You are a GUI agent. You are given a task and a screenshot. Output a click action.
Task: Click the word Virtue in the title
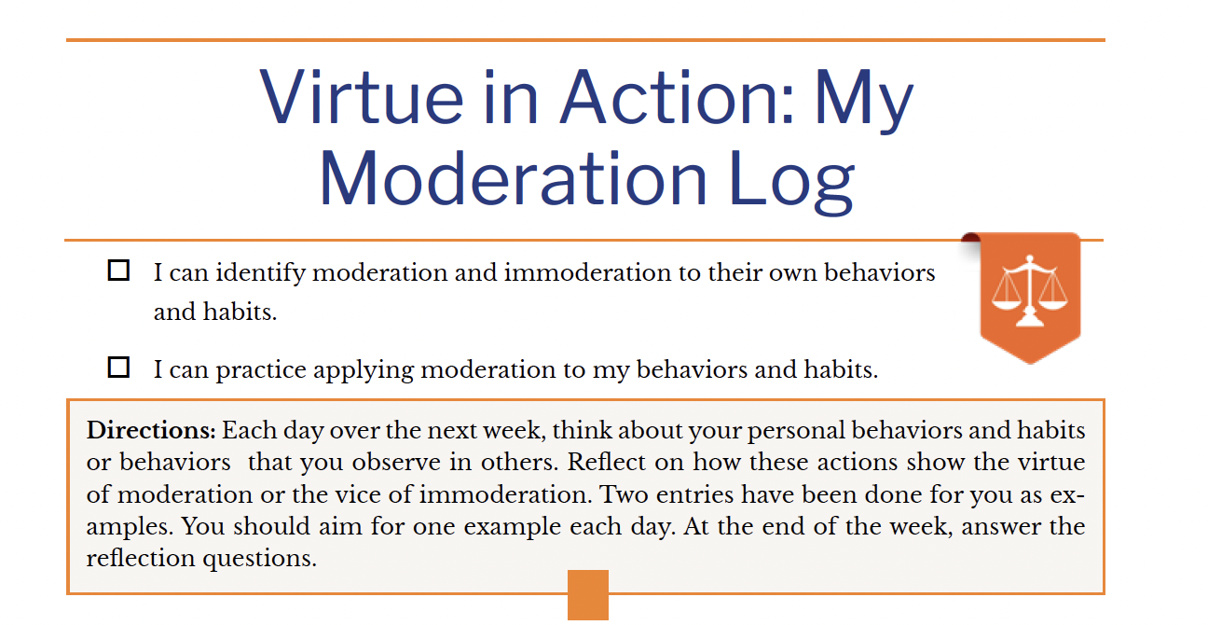point(362,98)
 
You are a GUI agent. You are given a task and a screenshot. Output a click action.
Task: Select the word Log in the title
point(791,181)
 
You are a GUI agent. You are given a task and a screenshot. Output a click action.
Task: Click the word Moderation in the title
point(513,178)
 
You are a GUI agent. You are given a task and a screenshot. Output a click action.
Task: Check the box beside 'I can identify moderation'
point(118,271)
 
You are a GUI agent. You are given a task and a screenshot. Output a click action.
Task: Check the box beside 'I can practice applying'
point(118,368)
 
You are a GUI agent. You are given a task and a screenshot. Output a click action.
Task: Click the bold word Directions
point(151,431)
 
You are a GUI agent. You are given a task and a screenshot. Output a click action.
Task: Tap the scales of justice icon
point(1029,290)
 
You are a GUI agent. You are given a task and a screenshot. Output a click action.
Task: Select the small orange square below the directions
point(588,595)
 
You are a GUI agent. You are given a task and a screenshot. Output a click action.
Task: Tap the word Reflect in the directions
point(606,462)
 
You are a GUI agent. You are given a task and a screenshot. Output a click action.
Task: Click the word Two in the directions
point(624,494)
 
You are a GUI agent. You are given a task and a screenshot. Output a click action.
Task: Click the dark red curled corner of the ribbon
point(970,238)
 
